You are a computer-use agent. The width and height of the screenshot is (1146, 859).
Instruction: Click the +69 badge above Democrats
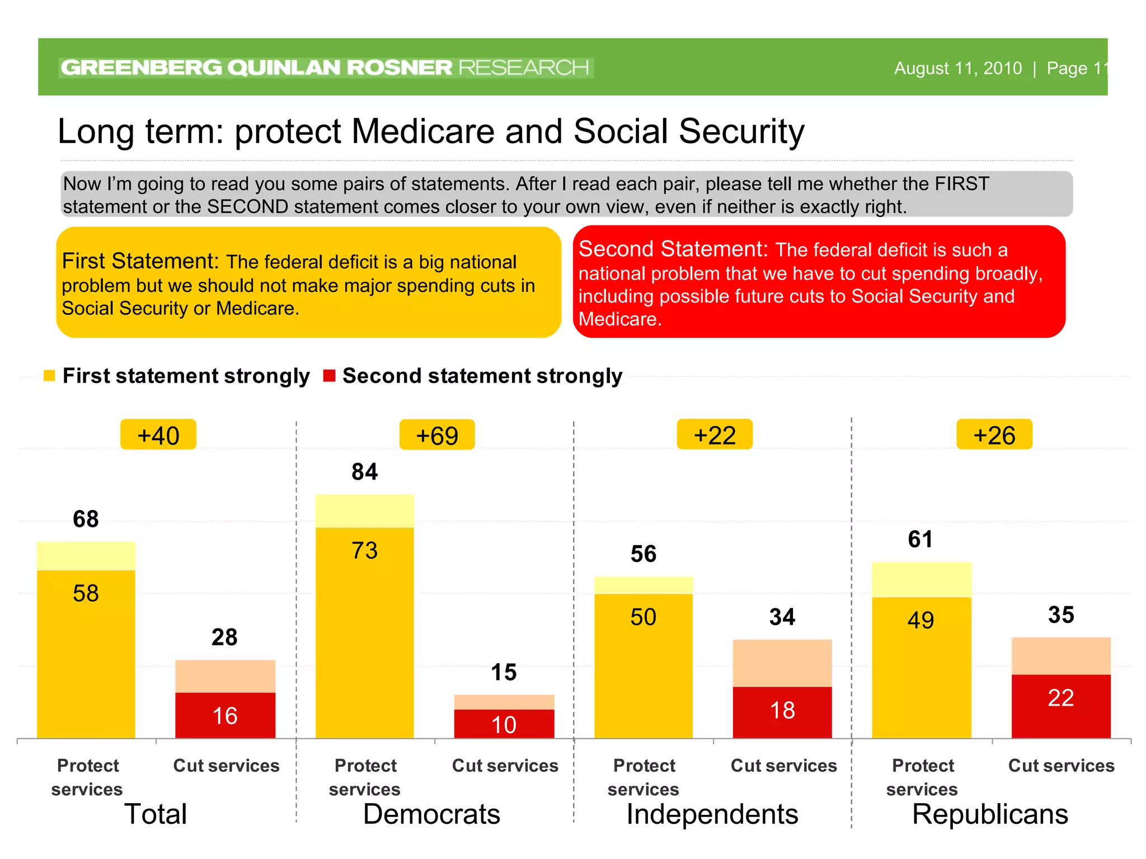pyautogui.click(x=437, y=435)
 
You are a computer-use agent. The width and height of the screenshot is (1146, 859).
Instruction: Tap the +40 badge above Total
pyautogui.click(x=158, y=435)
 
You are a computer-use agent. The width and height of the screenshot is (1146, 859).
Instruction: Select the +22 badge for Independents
pyautogui.click(x=715, y=435)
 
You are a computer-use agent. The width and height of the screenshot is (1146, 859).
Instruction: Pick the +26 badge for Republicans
pyautogui.click(x=994, y=435)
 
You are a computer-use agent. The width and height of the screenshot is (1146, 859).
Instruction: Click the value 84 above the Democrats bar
pyautogui.click(x=365, y=471)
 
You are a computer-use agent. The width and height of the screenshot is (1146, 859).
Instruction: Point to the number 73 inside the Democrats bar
pyautogui.click(x=365, y=551)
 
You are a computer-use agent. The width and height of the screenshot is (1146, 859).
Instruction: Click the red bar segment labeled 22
pyautogui.click(x=1061, y=706)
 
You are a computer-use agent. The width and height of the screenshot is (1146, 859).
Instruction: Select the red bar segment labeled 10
pyautogui.click(x=504, y=724)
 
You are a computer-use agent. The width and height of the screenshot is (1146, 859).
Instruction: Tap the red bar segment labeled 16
pyautogui.click(x=225, y=715)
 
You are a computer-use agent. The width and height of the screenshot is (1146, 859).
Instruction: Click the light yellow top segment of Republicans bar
pyautogui.click(x=922, y=579)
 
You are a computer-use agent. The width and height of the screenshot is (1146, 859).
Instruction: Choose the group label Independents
pyautogui.click(x=712, y=814)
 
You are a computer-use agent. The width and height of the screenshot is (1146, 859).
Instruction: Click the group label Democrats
pyautogui.click(x=431, y=814)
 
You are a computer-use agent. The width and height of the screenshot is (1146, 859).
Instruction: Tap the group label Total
pyautogui.click(x=156, y=814)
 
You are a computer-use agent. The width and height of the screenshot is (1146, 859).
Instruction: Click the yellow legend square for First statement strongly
pyautogui.click(x=49, y=376)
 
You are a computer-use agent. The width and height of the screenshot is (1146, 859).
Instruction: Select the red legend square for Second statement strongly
pyautogui.click(x=329, y=376)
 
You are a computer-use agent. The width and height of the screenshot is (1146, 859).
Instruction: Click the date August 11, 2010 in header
pyautogui.click(x=957, y=68)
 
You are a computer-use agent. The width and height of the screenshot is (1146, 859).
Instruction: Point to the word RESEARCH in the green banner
pyautogui.click(x=524, y=68)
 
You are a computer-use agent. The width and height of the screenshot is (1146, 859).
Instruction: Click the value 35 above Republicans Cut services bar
pyautogui.click(x=1061, y=615)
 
